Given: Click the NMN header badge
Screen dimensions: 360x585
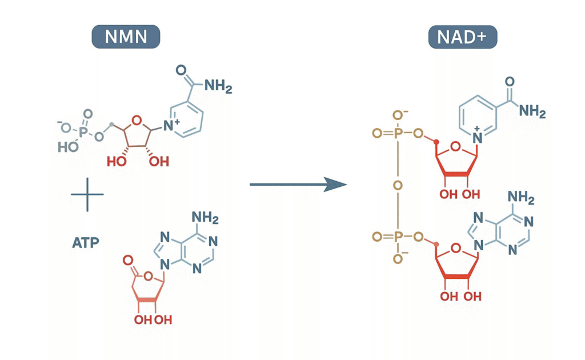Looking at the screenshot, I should [125, 37].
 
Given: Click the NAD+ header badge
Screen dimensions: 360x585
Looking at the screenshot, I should [462, 37].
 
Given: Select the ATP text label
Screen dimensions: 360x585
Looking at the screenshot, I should [86, 243].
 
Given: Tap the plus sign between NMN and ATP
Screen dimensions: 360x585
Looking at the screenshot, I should [87, 194].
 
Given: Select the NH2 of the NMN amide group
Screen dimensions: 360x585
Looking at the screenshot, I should [218, 87].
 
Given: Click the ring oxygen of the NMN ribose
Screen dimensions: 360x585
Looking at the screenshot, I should [135, 120].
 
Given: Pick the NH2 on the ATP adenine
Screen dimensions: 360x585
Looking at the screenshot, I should [205, 218].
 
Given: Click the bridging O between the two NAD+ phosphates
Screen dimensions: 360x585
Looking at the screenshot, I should [398, 185].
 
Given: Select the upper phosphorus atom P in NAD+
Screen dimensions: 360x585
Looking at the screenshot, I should [398, 134].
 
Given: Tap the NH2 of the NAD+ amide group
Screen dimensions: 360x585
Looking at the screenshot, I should [532, 111].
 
